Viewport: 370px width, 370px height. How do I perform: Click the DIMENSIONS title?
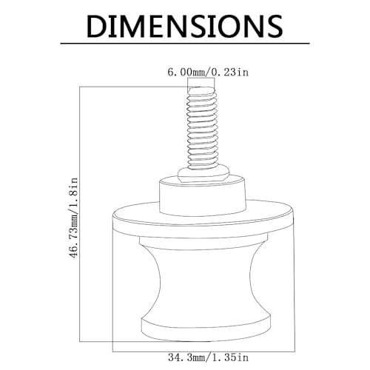click(185, 26)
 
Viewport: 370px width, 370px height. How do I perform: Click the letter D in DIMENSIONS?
click(97, 26)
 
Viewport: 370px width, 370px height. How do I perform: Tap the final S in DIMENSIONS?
click(274, 26)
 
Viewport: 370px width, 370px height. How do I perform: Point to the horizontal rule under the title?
click(185, 44)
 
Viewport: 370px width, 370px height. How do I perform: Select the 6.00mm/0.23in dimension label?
click(208, 73)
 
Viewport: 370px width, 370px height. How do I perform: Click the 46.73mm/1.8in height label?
click(74, 218)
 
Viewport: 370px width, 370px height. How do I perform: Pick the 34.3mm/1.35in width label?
click(208, 357)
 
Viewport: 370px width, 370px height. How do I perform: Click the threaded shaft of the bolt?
click(202, 128)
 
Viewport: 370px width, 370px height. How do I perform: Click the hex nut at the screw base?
click(203, 173)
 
